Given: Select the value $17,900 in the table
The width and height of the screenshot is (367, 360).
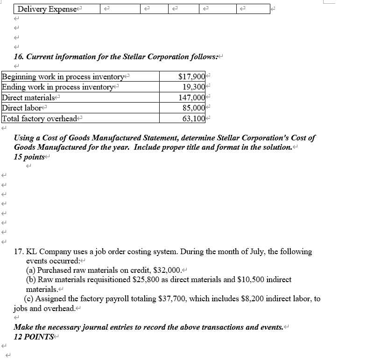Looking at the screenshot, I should (191, 76).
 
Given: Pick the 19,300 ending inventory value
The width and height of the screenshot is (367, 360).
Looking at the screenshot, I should (193, 87).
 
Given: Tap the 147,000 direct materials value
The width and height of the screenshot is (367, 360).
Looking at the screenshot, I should (191, 97).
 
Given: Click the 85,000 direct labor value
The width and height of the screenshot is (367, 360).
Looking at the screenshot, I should (193, 108).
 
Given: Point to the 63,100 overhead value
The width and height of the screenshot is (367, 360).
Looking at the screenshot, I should (193, 118).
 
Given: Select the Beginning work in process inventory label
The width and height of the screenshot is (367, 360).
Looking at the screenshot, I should (64, 76).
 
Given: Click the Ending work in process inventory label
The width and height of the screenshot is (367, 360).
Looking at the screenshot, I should (58, 87).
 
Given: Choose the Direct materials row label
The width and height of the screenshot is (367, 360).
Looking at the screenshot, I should (28, 97).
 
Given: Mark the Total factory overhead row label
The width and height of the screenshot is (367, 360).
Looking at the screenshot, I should (40, 118).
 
